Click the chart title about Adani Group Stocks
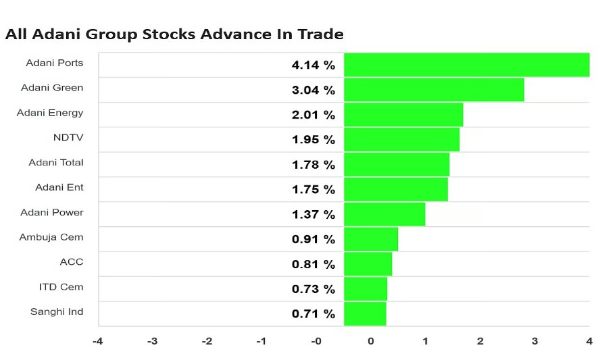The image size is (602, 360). click(x=174, y=34)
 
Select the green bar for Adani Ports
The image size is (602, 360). click(x=466, y=65)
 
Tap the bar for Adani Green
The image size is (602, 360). click(x=434, y=90)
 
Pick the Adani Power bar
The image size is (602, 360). click(x=384, y=214)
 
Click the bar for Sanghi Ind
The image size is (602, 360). click(x=365, y=313)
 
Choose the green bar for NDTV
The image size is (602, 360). click(x=401, y=139)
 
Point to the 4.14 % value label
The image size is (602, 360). click(x=313, y=65)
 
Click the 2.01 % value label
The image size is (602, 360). click(x=313, y=115)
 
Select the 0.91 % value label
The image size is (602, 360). click(x=313, y=239)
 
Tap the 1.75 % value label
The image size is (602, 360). click(x=313, y=189)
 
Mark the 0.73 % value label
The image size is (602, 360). click(x=313, y=289)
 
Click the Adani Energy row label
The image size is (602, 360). click(x=50, y=113)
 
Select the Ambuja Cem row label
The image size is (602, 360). click(x=51, y=237)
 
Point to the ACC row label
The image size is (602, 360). click(x=72, y=262)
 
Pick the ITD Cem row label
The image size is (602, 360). click(x=61, y=286)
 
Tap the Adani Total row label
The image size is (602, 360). click(x=56, y=162)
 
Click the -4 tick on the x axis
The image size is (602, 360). click(x=97, y=341)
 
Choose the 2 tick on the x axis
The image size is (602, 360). click(x=480, y=341)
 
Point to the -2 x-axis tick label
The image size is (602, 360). click(x=207, y=341)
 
